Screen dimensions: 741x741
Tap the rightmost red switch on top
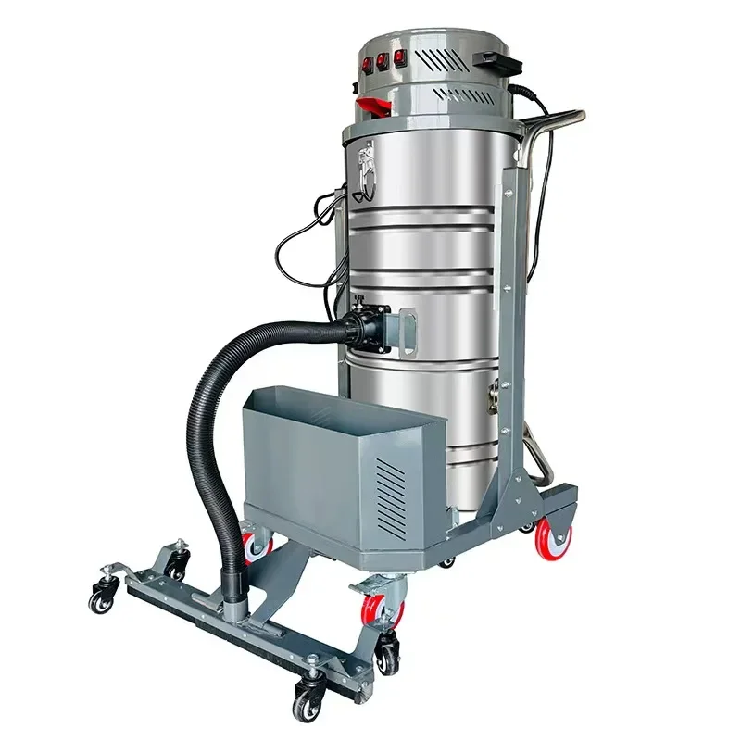pos(400,57)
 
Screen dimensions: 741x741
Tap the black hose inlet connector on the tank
pos(364,327)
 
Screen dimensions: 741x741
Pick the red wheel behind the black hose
pos(253,543)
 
